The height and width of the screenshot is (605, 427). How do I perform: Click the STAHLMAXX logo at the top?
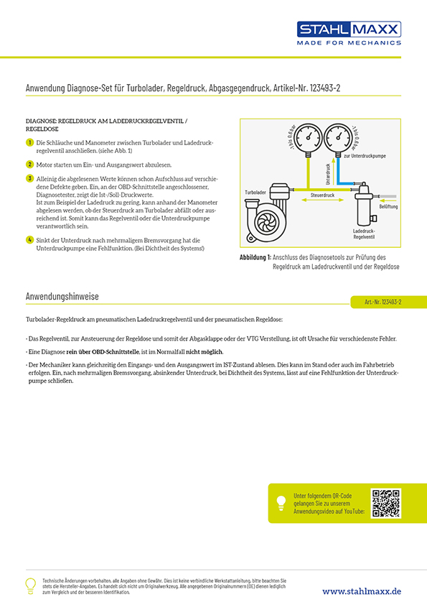coord(349,29)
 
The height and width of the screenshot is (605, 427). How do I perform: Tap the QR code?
coord(385,503)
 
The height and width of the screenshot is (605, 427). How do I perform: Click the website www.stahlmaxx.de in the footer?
coord(361,591)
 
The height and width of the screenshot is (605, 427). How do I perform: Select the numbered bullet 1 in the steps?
coord(29,143)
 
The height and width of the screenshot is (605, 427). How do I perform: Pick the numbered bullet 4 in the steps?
coord(29,239)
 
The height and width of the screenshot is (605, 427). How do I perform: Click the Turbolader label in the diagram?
coord(255,193)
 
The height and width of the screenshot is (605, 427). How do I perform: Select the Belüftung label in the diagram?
coord(388,206)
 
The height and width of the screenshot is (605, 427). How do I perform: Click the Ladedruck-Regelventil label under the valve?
coord(367,233)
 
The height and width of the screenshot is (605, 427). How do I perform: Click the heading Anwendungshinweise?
coord(62,296)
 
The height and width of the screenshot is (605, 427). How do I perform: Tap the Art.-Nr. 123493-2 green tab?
coord(383,302)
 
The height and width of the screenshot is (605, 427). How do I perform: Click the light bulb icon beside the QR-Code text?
coord(281,504)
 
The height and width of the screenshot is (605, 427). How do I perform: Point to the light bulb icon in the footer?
coord(29,585)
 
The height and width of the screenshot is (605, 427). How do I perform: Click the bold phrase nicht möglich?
coord(205,351)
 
